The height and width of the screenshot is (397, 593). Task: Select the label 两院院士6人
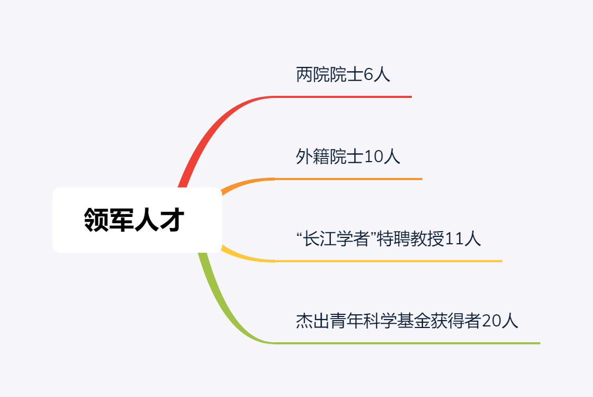343,75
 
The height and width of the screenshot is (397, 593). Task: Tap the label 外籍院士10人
348,157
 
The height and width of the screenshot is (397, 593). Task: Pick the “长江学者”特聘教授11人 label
389,239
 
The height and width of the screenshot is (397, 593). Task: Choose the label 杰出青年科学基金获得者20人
407,321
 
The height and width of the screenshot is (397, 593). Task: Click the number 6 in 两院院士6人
368,75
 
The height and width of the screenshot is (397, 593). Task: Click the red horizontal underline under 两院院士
342,97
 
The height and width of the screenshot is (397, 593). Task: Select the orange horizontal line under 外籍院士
348,179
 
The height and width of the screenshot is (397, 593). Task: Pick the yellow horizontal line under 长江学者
389,261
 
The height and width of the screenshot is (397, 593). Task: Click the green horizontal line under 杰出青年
407,343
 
